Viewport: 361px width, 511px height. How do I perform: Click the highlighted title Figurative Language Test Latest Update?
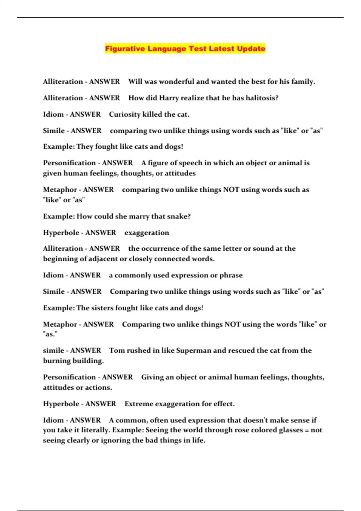tap(185, 49)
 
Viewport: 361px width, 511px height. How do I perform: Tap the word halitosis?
tap(262, 98)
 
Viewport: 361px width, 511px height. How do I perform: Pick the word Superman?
tap(193, 350)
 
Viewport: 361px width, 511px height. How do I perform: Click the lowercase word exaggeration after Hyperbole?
tap(147, 233)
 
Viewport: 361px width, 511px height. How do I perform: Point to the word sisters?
tap(103, 308)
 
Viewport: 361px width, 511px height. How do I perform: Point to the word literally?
tap(96, 430)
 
